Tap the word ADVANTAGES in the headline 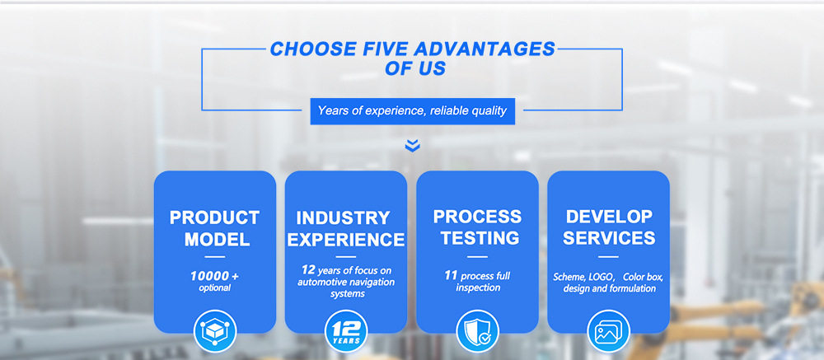pos(485,49)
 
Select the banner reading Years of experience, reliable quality pos(413,111)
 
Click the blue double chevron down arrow pos(413,146)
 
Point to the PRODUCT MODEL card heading pos(214,229)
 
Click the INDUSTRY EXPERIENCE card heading pos(346,229)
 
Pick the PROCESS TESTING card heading pos(477,227)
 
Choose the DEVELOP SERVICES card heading pos(609,227)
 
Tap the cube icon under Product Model pos(215,331)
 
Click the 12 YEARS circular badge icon pos(346,331)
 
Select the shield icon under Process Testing pos(477,331)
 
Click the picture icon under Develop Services pos(609,331)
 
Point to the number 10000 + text pos(214,276)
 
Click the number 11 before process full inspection pos(451,275)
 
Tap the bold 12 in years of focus pos(308,270)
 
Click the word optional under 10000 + pos(214,288)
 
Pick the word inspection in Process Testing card pos(478,288)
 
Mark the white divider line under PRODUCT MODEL pos(214,257)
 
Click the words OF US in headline pos(415,68)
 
